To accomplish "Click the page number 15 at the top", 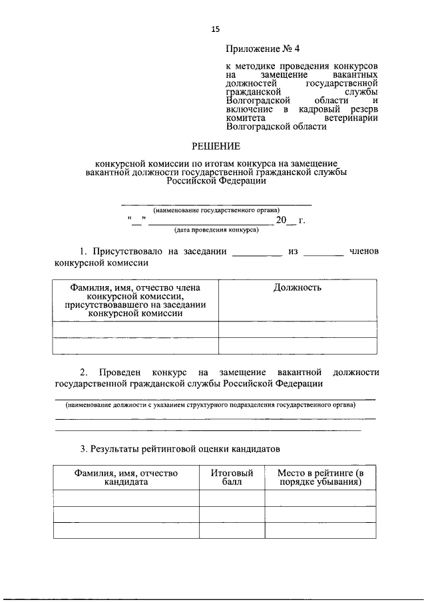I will [215, 29].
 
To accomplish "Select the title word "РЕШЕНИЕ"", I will [215, 146].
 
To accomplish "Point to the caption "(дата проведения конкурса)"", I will [216, 230].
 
